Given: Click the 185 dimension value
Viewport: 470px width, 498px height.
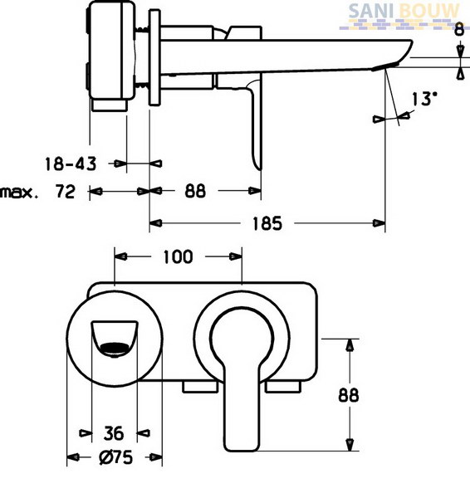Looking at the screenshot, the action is click(267, 223).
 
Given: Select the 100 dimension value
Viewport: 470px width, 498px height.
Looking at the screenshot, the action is click(178, 257).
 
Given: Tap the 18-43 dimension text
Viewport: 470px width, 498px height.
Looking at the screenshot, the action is click(71, 164).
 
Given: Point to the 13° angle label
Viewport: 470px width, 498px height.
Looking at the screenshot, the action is click(424, 99).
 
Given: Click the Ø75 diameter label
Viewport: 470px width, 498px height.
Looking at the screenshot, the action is click(115, 457).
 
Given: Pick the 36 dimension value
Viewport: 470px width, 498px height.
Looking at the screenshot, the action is click(114, 433).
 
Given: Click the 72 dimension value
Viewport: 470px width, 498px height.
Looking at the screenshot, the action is click(66, 191).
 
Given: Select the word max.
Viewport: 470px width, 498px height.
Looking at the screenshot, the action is click(20, 193).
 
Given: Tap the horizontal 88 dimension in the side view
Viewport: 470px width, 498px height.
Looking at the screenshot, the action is click(195, 191).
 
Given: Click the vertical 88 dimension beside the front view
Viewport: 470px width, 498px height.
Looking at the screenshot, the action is click(348, 395).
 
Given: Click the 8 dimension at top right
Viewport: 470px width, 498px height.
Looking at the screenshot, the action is click(459, 31).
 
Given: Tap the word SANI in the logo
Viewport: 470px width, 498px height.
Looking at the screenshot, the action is click(371, 11).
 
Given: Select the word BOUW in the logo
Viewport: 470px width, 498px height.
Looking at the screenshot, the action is click(429, 11).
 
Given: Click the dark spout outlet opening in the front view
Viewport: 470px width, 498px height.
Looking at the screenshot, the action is click(115, 349).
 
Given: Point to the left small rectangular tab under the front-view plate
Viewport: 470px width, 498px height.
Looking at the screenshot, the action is click(200, 387).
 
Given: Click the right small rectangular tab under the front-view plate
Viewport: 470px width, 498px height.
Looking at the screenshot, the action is click(283, 387).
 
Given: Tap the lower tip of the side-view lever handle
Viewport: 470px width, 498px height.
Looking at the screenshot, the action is click(260, 168).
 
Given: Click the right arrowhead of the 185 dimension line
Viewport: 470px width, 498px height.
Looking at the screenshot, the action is click(379, 223).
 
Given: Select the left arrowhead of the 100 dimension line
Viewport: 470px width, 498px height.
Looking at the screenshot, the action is click(120, 256).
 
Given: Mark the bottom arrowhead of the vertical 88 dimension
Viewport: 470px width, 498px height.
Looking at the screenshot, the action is click(350, 445).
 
